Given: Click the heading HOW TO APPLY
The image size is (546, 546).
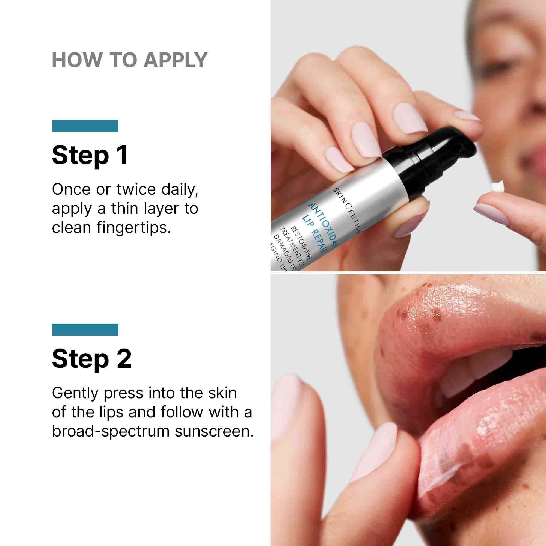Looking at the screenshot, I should pos(130,60).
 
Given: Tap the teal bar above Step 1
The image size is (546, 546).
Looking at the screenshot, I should pos(85,126).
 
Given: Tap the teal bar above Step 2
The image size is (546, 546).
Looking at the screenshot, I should pos(85,329).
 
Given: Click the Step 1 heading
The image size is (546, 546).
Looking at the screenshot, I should pos(90,155).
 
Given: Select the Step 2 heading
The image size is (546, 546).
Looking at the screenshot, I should pos(91,359).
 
